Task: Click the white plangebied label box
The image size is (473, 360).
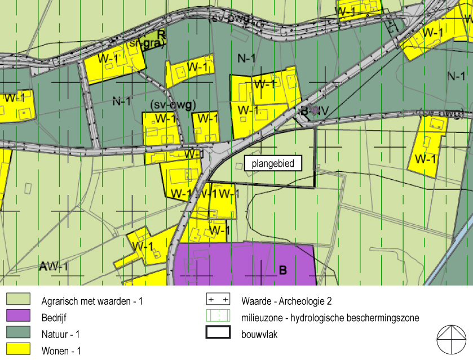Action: tap(273, 164)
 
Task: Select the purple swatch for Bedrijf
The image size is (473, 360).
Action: tap(18, 317)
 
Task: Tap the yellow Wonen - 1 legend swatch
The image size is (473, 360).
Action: tap(18, 350)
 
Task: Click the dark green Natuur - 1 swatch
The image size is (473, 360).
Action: tap(18, 334)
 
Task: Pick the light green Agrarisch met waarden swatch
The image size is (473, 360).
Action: tap(18, 301)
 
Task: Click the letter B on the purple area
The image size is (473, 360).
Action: tap(283, 270)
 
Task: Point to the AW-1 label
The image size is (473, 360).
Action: tap(54, 266)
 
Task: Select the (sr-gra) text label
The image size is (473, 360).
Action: tap(144, 44)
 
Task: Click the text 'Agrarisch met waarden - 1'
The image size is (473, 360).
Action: tap(92, 301)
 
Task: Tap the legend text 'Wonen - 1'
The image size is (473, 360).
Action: tap(61, 350)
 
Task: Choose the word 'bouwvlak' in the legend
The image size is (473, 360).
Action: tap(259, 334)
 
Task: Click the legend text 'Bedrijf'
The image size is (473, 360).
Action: tap(54, 317)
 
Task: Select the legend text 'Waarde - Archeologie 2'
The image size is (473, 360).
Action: tap(290, 301)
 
